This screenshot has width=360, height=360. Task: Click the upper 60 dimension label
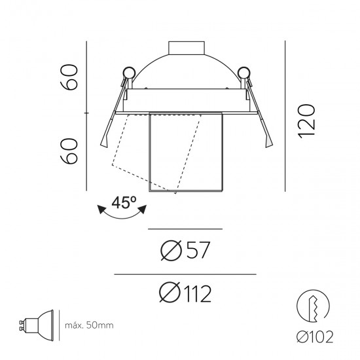69,77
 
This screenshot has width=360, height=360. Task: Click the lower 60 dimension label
69,151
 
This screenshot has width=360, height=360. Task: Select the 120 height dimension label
306,121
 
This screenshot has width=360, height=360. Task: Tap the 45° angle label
124,202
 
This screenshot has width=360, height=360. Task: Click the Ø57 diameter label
185,250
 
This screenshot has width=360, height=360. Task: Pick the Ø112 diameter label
185,293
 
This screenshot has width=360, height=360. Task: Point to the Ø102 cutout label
315,337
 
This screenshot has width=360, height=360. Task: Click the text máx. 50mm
89,325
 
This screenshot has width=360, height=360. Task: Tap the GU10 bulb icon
36,325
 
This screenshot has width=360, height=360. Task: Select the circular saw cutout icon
313,306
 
